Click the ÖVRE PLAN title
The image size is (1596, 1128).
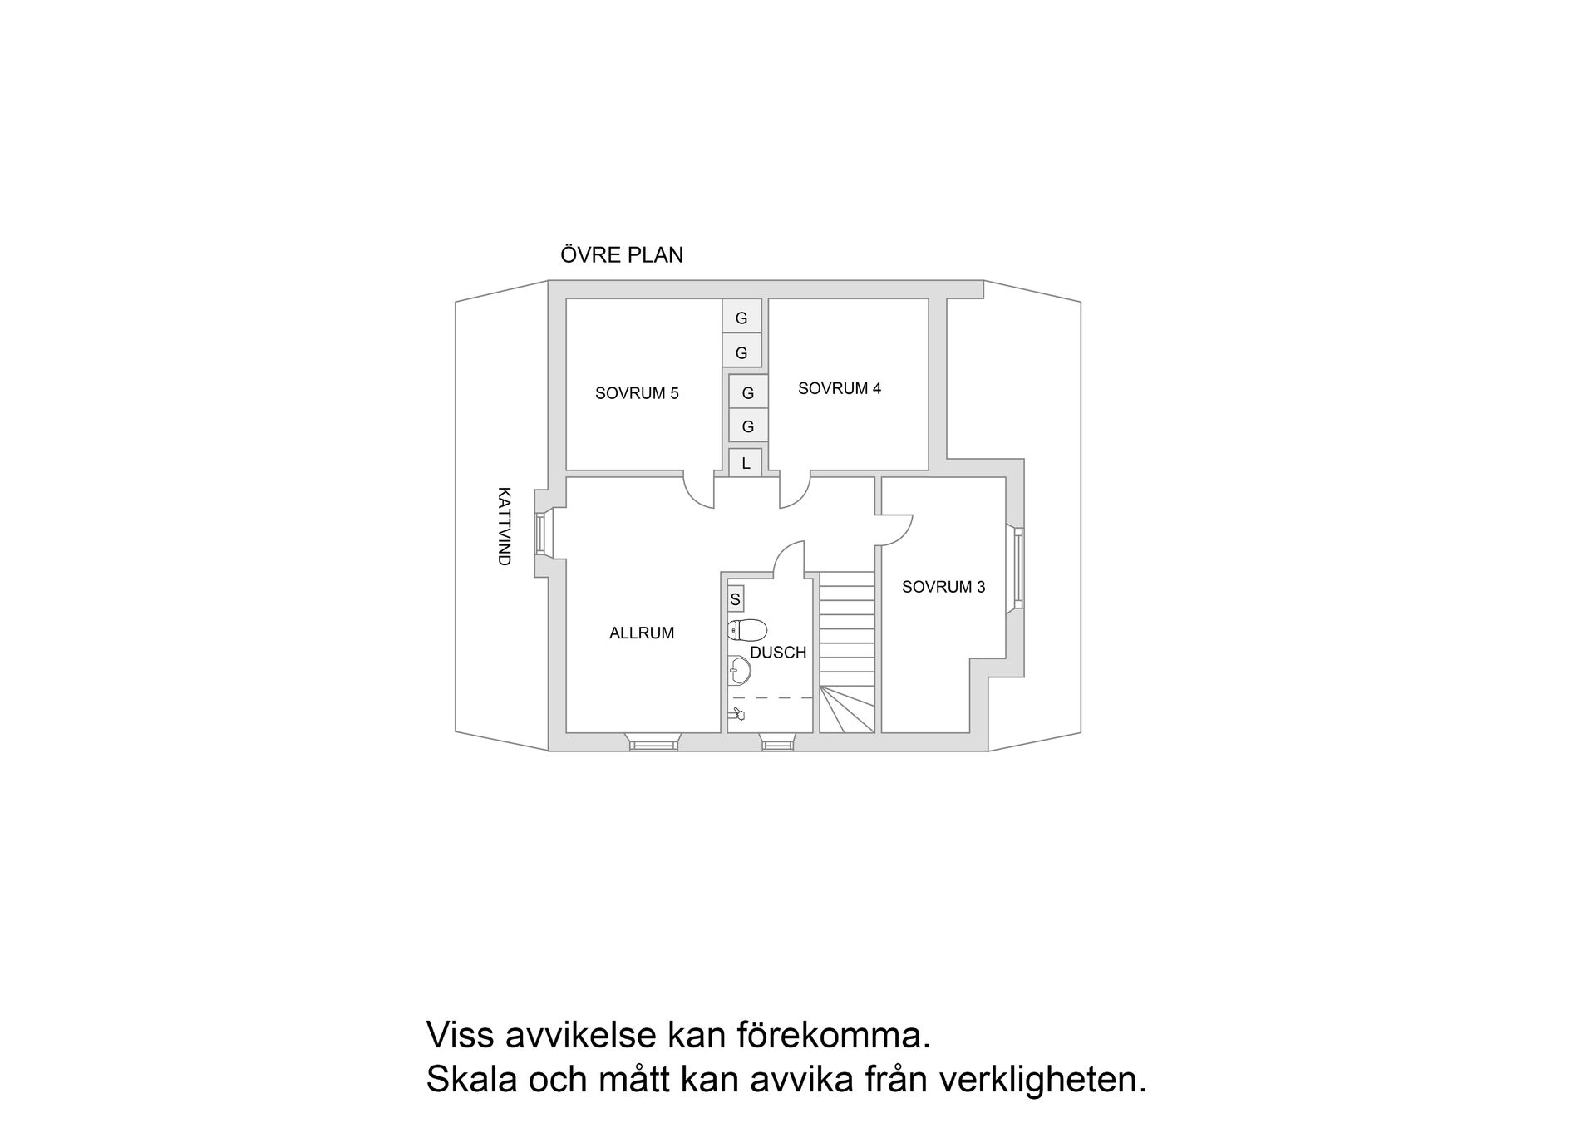622,255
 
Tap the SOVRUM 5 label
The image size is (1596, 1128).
637,393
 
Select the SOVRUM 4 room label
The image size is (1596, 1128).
839,388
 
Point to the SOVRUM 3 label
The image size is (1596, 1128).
943,587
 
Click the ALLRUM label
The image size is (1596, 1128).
642,633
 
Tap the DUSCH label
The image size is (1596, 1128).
778,653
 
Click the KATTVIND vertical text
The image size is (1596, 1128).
504,526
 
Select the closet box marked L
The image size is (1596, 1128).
746,463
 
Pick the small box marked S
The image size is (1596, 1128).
735,598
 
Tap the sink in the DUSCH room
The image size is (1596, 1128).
739,670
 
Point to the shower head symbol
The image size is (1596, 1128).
737,713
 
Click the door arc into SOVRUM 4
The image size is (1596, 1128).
793,492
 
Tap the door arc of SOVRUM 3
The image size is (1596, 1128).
895,530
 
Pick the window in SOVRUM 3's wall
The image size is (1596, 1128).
1017,569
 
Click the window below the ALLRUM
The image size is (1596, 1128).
653,745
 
